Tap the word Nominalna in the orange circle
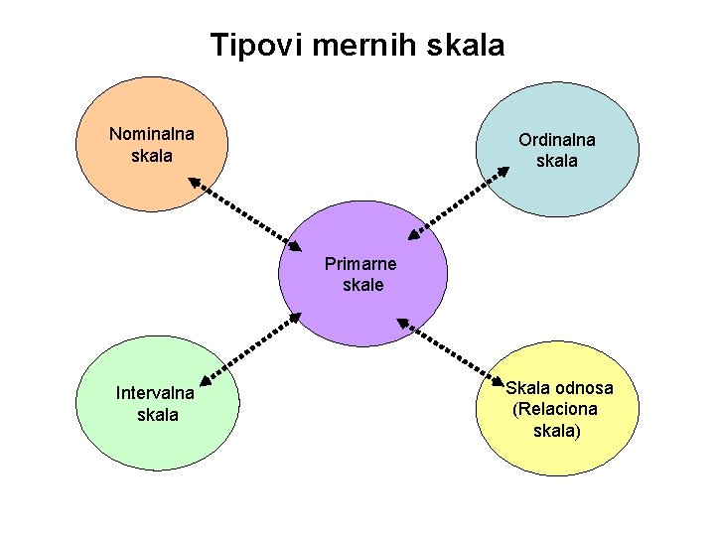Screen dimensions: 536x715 [152, 134]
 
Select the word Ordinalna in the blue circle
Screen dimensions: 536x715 [556, 140]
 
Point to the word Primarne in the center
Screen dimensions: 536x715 [360, 264]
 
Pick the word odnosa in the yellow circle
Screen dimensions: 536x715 [584, 388]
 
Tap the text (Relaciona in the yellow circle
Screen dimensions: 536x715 [555, 409]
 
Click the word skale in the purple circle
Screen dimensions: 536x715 [362, 285]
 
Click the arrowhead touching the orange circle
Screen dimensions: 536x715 [194, 182]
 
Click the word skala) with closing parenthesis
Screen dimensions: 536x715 [557, 431]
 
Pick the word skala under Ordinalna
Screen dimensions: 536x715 [556, 161]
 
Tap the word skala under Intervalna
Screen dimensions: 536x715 [158, 414]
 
